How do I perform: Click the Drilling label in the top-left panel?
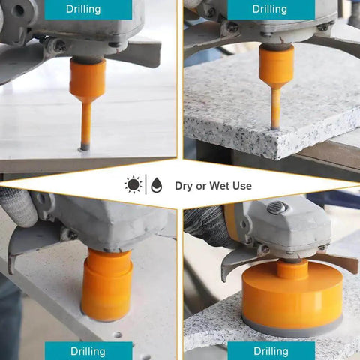click(x=83, y=9)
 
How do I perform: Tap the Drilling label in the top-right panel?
click(x=269, y=9)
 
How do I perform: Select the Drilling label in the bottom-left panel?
click(x=88, y=351)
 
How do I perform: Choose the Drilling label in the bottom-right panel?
click(x=271, y=351)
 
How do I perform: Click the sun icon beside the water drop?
click(x=133, y=184)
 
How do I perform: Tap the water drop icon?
click(x=157, y=185)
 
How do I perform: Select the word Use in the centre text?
click(x=242, y=186)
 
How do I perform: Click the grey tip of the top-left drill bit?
click(x=84, y=148)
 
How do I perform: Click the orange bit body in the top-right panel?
click(x=276, y=66)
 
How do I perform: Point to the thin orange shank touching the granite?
click(x=276, y=108)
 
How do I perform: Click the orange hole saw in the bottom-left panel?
click(x=107, y=285)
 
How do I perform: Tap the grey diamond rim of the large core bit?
click(x=292, y=329)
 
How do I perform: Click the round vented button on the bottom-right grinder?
click(x=277, y=208)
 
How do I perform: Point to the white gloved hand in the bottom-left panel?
click(x=18, y=208)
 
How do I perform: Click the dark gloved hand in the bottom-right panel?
click(x=208, y=225)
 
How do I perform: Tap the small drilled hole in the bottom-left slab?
click(x=118, y=334)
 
